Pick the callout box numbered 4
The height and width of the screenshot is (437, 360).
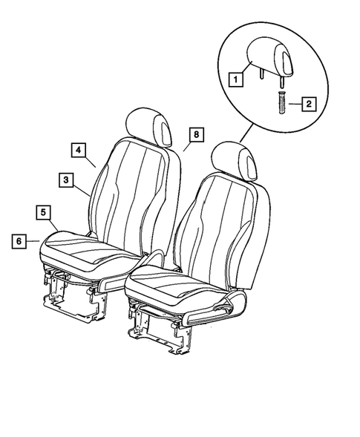(x=77, y=149)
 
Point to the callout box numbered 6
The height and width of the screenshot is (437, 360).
(x=18, y=240)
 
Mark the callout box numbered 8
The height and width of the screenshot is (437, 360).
(x=195, y=135)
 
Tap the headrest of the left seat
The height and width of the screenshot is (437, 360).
(x=151, y=124)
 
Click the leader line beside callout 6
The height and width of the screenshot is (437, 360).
(x=33, y=240)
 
